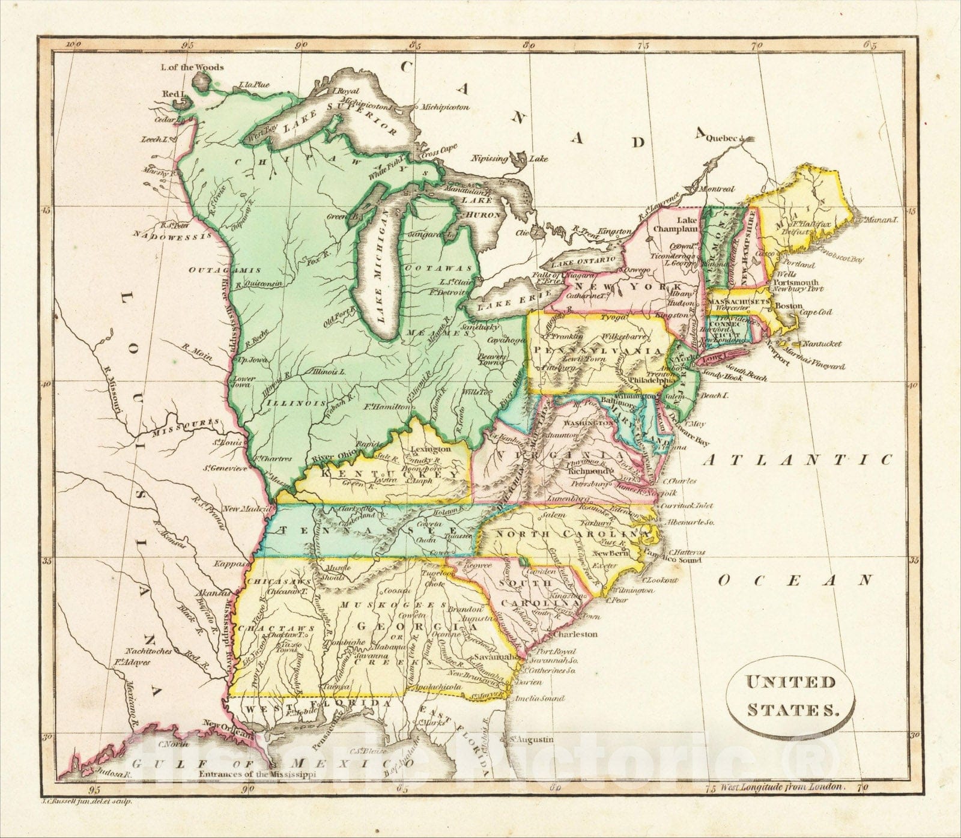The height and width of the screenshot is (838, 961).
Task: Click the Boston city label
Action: coord(789,305)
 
